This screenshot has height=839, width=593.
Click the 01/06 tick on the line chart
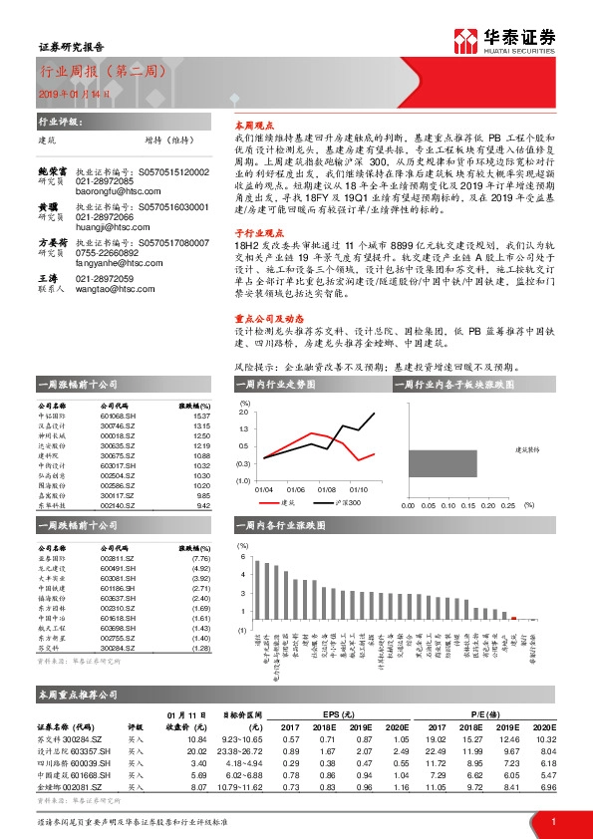coord(295,489)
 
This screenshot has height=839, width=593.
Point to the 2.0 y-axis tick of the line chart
coord(243,411)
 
